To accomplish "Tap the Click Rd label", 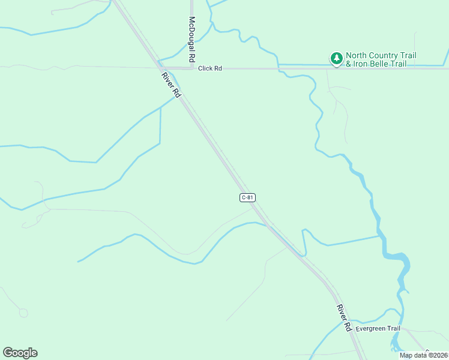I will [210, 68].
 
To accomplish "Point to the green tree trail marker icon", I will [337, 58].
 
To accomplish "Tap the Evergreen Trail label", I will [378, 329].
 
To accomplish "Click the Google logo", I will [20, 353].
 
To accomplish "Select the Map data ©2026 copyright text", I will [423, 355].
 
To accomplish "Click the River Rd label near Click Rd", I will [170, 85].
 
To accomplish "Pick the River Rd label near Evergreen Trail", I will [344, 318].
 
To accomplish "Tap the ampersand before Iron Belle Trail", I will [349, 64].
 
